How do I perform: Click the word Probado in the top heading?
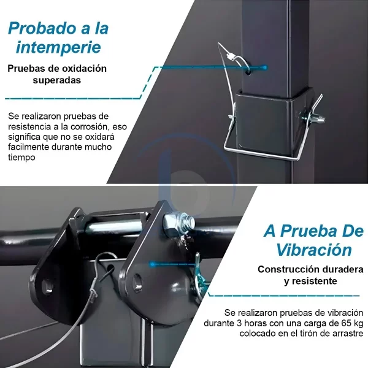coord(40,28)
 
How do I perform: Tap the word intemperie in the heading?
coord(59,47)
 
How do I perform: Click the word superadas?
coord(57,80)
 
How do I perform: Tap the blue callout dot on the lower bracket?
coord(153,264)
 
